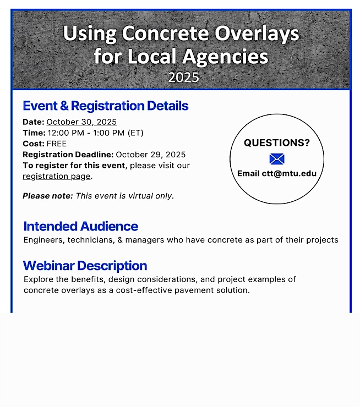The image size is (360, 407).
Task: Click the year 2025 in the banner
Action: pos(183,78)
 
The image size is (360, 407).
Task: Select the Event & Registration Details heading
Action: pos(106,106)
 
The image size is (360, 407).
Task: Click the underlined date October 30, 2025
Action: pos(81,122)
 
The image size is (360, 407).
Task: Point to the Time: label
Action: pos(34,133)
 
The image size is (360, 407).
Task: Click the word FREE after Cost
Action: pos(57,144)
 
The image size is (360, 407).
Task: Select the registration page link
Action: pos(56,177)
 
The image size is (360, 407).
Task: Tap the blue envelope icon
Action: pos(277,159)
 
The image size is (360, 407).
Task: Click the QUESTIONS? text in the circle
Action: pos(277,143)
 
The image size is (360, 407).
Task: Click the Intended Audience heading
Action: pos(80,226)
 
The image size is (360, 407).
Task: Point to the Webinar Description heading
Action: pos(85,266)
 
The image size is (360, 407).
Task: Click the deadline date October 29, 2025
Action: pos(151,155)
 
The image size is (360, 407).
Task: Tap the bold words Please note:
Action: pos(47,196)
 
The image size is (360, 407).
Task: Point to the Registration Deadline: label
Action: pos(68,155)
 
